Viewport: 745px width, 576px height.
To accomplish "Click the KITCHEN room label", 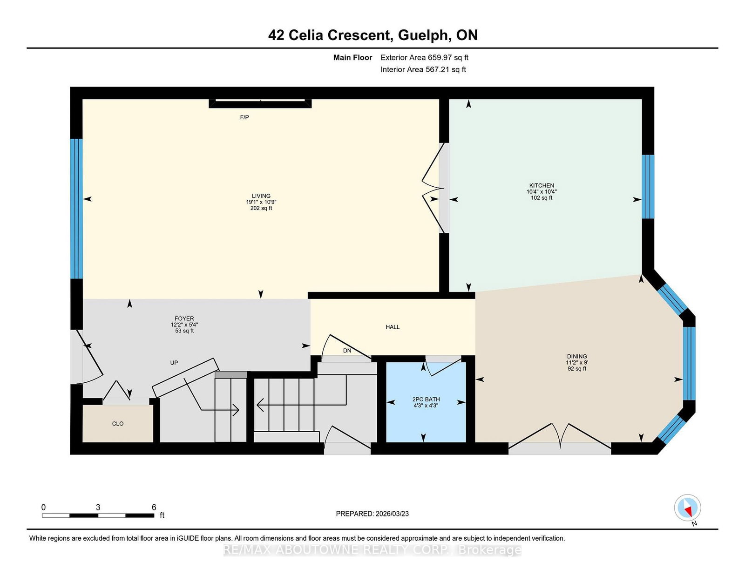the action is [542, 185].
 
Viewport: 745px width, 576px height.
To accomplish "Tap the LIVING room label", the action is [261, 196].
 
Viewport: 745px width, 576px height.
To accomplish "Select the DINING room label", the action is [576, 356].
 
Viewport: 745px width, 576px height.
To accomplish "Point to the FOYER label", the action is [184, 318].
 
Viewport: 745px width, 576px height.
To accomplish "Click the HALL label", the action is [393, 327].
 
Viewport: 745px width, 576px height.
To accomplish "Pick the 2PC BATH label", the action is [426, 399].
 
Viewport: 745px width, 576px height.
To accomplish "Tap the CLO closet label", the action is [118, 423].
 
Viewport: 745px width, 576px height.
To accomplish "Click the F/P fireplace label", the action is [244, 117].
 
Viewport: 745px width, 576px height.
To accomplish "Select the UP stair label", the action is [174, 362].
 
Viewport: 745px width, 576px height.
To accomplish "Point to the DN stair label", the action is [347, 351].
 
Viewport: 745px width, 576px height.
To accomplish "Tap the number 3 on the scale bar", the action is [98, 507].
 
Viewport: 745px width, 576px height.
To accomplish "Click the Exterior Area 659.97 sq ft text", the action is [425, 58].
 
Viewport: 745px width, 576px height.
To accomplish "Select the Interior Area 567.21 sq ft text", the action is [423, 69].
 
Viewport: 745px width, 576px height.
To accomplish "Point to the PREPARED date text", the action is [372, 514].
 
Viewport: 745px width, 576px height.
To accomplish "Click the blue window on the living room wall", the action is [76, 209].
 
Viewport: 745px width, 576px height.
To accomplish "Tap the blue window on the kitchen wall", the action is [648, 187].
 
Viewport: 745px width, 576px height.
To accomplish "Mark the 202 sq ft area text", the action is [261, 208].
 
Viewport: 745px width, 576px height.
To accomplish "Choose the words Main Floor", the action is [353, 58].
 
